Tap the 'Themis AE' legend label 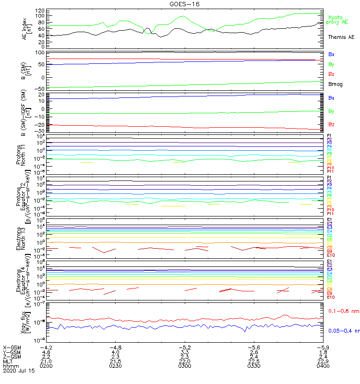(x=340, y=37)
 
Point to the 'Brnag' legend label (x=336, y=84)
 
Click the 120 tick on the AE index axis (x=40, y=10)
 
